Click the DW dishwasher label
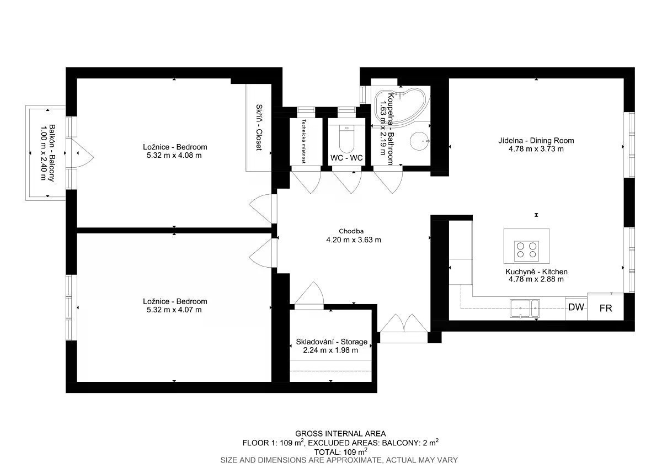point(576,307)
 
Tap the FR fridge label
point(606,309)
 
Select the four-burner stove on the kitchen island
point(526,251)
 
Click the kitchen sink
point(525,309)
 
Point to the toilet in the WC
point(346,139)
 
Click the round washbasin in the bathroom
point(419,141)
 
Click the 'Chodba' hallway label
point(351,231)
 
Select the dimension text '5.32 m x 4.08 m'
point(174,156)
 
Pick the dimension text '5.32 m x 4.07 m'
point(174,310)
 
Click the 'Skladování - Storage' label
point(332,342)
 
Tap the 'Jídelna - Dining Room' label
point(536,140)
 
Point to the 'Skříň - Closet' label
point(259,127)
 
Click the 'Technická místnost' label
point(303,141)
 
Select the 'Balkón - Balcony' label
point(52,153)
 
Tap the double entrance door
point(404,323)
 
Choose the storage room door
point(309,293)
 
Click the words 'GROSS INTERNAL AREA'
point(340,434)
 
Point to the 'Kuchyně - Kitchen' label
point(536,272)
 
